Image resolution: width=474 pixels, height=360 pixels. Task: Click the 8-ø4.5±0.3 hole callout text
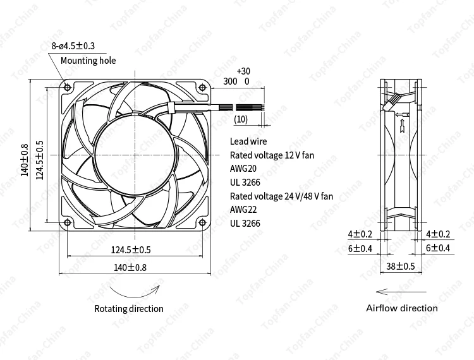point(78,46)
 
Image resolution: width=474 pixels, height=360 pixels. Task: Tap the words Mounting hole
point(88,61)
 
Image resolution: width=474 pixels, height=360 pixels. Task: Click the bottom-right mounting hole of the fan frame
point(202,222)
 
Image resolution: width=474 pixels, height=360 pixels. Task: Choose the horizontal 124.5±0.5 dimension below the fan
point(131,249)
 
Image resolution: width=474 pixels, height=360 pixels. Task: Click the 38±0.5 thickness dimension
point(400,267)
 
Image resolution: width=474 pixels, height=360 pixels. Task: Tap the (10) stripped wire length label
point(241,119)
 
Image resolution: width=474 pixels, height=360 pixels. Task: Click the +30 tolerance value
point(243,71)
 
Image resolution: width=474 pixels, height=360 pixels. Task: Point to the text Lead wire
point(248,141)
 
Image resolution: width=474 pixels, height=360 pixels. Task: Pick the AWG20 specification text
point(244,169)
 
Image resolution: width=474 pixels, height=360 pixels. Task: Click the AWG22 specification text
point(244,210)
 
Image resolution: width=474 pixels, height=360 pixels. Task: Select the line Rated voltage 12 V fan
point(272,155)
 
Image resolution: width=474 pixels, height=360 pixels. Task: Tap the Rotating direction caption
point(129,309)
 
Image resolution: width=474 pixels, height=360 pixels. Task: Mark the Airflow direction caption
point(401,308)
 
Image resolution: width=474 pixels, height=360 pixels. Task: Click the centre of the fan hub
point(134,155)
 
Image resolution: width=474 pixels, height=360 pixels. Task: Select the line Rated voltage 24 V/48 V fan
point(281,196)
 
